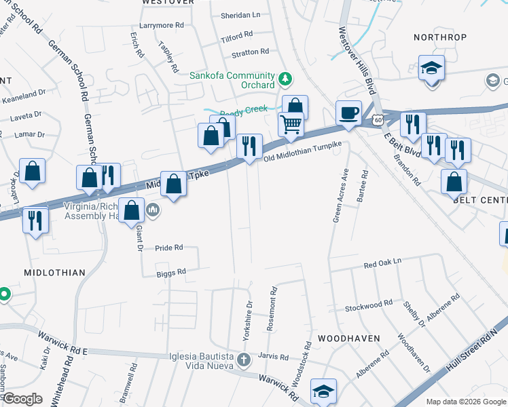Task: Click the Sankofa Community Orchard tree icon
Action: (x=286, y=79)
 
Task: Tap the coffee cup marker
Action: (x=349, y=113)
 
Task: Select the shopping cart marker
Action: (x=291, y=124)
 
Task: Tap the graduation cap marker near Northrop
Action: (x=431, y=69)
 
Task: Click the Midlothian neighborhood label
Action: (x=54, y=273)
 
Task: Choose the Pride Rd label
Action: (x=169, y=248)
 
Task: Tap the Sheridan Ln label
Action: (x=240, y=14)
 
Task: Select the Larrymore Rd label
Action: (x=162, y=25)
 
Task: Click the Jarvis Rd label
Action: (x=274, y=356)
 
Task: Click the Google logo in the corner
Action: (x=22, y=398)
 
